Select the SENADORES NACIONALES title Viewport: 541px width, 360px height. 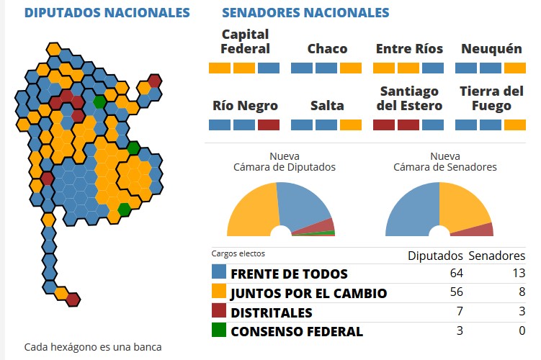305,13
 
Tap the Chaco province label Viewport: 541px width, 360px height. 327,49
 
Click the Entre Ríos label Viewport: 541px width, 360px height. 408,49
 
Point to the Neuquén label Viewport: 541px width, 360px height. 491,49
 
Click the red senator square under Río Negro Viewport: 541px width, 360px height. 268,125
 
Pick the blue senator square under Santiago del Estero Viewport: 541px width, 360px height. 433,125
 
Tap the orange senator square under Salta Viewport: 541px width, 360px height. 351,125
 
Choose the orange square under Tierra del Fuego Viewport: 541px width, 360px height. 515,125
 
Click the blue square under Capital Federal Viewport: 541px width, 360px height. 269,68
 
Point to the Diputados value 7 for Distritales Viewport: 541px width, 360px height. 459,312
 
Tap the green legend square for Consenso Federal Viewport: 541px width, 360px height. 219,331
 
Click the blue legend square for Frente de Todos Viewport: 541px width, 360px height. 219,273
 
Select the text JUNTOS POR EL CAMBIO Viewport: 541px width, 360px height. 308,294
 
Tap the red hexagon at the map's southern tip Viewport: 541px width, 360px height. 73,299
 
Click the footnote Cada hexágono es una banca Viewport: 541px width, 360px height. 93,347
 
